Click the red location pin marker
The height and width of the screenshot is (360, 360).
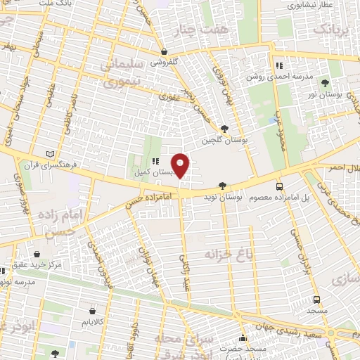[x=181, y=165]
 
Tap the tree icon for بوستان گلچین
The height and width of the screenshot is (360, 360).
[x=224, y=129]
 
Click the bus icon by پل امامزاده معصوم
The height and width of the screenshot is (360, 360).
[x=280, y=186]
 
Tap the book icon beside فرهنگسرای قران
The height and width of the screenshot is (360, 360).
[x=49, y=153]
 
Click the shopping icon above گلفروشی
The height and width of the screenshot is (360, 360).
[x=164, y=51]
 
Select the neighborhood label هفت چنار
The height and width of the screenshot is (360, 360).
[x=216, y=31]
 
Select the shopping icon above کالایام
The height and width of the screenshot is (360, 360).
[x=93, y=310]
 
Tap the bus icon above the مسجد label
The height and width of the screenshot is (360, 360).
[x=316, y=299]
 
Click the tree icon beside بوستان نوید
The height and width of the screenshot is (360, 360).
[x=223, y=186]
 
